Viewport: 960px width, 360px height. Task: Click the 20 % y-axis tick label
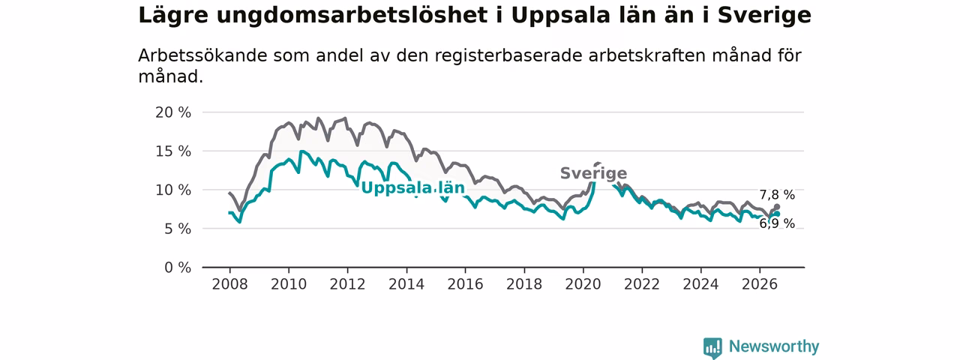173,112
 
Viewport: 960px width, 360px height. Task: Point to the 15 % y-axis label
173,151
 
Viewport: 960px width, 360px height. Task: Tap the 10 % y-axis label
173,190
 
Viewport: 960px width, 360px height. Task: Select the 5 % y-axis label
178,229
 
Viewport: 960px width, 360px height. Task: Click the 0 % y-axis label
178,268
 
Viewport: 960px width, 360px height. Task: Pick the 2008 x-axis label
229,284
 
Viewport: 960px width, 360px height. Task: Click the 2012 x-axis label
347,284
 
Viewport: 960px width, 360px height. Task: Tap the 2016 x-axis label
466,284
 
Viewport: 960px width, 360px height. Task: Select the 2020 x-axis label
583,284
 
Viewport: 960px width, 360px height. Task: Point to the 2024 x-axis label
700,284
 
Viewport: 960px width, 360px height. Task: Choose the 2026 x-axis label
760,284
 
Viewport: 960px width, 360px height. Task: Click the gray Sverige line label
593,173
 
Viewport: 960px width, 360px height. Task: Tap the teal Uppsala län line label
413,187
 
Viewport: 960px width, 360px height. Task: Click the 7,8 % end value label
777,195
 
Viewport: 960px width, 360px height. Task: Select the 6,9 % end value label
777,223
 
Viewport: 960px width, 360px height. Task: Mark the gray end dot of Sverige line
777,206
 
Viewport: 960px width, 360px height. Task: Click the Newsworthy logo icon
712,347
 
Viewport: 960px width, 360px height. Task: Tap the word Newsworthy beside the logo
774,346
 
